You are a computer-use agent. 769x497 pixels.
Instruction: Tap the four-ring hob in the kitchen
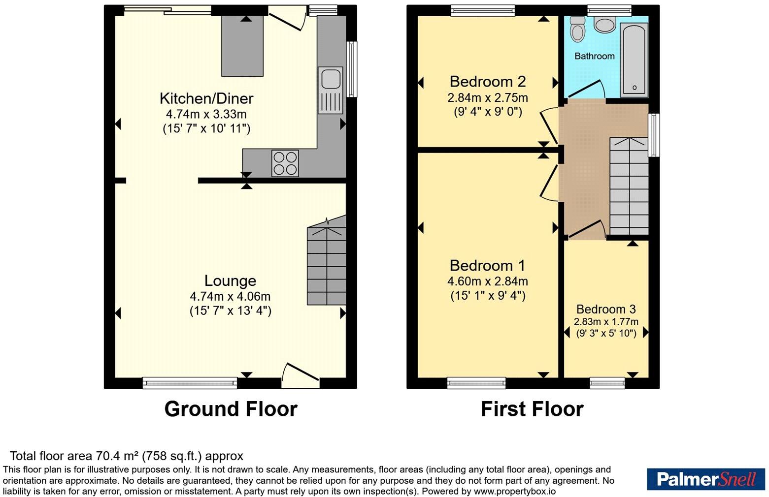(x=285, y=163)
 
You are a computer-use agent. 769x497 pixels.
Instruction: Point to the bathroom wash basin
(x=605, y=24)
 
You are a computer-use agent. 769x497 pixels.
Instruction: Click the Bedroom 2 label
(x=488, y=82)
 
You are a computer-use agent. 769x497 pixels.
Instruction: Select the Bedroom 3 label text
(x=606, y=309)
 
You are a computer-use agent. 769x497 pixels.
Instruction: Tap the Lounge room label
(x=230, y=280)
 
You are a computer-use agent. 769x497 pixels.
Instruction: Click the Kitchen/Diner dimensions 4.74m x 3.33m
(x=206, y=114)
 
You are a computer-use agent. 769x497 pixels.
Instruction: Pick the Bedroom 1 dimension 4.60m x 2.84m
(x=488, y=281)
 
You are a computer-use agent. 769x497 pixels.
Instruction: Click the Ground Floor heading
(x=231, y=409)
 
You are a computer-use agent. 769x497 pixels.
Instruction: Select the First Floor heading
(x=532, y=409)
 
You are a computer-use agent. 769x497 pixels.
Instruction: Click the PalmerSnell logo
(x=706, y=479)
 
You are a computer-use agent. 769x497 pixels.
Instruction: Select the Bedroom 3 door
(x=587, y=228)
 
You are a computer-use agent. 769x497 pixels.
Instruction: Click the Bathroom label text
(x=595, y=56)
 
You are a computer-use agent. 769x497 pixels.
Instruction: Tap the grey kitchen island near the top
(x=242, y=46)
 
